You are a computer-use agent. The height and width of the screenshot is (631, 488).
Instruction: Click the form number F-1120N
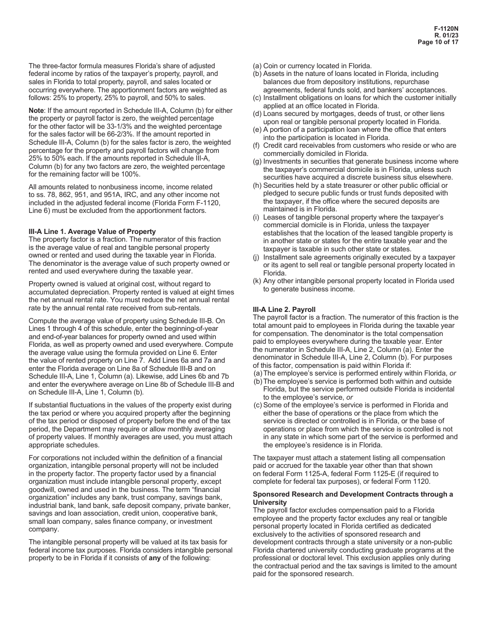click(446, 28)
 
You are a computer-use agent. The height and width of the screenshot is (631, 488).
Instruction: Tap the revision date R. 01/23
click(446, 35)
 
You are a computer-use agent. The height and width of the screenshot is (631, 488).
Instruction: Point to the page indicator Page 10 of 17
click(438, 42)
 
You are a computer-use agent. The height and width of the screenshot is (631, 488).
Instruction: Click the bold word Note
click(37, 110)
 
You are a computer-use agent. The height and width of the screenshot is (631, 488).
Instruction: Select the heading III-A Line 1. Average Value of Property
click(92, 232)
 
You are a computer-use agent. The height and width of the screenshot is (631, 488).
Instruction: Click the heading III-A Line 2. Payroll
click(284, 309)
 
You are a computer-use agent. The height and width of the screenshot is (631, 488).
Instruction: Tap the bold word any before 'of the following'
click(155, 558)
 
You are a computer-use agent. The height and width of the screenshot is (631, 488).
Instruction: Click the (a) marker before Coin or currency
click(257, 66)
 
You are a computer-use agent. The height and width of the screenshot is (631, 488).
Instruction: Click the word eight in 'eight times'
click(213, 292)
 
